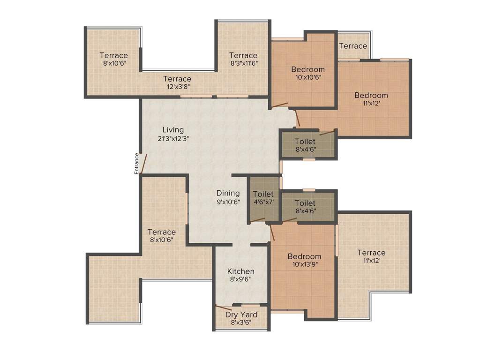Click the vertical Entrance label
pyautogui.click(x=136, y=164)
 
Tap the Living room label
pyautogui.click(x=173, y=130)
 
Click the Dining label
pyautogui.click(x=228, y=193)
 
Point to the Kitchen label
pyautogui.click(x=240, y=271)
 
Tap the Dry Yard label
pyautogui.click(x=240, y=315)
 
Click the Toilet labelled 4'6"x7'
pyautogui.click(x=263, y=194)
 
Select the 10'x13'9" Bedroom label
pyautogui.click(x=304, y=256)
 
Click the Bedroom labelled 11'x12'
pyautogui.click(x=371, y=95)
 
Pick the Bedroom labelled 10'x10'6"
pyautogui.click(x=307, y=69)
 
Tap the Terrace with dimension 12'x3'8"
pyautogui.click(x=177, y=79)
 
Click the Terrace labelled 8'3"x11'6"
pyautogui.click(x=243, y=55)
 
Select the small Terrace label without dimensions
pyautogui.click(x=352, y=46)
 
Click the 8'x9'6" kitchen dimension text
pyautogui.click(x=240, y=279)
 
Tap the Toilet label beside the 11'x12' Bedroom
pyautogui.click(x=305, y=141)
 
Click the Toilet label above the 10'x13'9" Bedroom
pyautogui.click(x=305, y=203)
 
